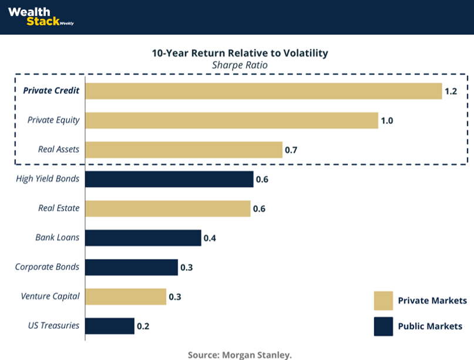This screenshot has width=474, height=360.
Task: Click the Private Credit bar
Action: (263, 91)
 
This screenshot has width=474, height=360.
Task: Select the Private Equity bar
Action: (231, 120)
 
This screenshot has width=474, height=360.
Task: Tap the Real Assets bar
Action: (183, 150)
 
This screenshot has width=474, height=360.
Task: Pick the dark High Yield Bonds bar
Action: (169, 179)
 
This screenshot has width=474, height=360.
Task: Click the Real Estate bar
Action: (167, 208)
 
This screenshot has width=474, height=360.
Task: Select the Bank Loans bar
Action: (143, 238)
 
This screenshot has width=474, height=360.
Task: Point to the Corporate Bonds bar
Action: (131, 267)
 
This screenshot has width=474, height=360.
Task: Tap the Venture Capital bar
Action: (126, 297)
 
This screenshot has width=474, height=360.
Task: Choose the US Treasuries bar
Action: (110, 326)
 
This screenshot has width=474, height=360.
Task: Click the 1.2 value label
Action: (451, 92)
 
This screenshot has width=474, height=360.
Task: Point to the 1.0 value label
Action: (386, 121)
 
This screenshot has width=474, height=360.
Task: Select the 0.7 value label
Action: (291, 150)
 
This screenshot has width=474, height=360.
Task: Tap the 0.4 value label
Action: (210, 238)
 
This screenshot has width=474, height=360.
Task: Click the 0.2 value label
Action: (143, 327)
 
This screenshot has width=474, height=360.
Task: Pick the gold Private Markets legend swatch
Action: (383, 300)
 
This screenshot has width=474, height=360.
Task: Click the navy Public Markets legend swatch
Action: (383, 326)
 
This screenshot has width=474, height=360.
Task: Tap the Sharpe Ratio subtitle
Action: (240, 65)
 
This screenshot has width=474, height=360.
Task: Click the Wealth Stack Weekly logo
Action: (40, 16)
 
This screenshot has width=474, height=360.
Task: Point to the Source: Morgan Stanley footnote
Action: (240, 355)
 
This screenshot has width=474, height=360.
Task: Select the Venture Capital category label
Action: (50, 297)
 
